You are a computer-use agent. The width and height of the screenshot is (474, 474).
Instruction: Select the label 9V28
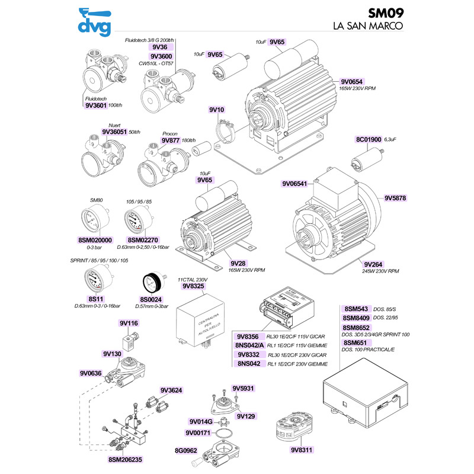point(238,263)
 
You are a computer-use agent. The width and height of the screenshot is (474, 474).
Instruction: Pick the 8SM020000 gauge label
point(95,239)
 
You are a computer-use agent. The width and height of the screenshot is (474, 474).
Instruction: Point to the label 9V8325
point(193,286)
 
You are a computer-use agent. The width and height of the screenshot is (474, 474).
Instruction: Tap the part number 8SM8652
point(357,327)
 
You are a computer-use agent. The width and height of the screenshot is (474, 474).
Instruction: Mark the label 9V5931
point(243,389)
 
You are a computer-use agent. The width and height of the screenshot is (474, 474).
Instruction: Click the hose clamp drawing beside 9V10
point(226,130)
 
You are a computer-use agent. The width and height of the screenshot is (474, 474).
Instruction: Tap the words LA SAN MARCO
point(368,27)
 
